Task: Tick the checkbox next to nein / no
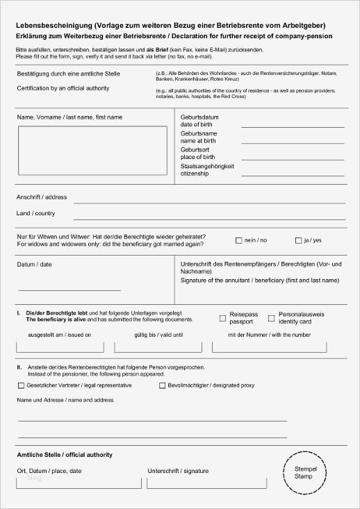tap(238, 240)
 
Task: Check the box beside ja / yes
tap(298, 240)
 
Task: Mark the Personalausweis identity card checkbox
tap(272, 319)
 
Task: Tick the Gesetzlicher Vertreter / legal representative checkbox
tap(20, 385)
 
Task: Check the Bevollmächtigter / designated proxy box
tap(162, 385)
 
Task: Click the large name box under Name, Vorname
tap(92, 150)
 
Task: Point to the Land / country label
tap(35, 213)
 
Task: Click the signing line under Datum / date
tap(69, 288)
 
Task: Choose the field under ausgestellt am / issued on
tap(60, 347)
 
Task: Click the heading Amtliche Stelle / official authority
tap(65, 455)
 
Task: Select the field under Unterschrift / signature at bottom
tap(206, 483)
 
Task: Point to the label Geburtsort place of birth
tap(195, 152)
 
